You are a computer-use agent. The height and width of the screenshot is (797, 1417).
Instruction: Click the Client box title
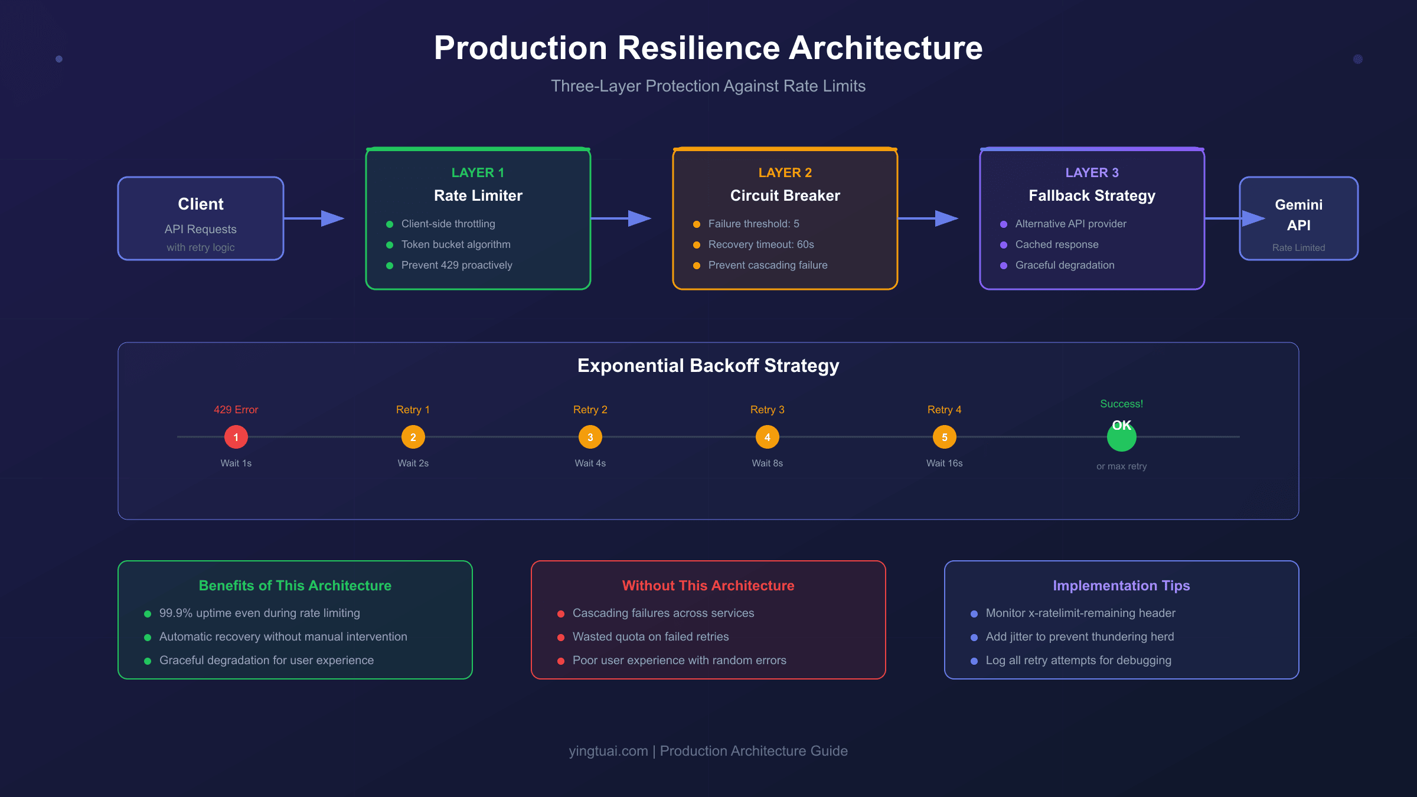point(201,204)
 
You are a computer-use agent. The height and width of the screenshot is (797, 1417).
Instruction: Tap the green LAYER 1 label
point(478,172)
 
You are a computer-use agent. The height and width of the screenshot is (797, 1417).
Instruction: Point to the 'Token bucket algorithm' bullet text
point(456,244)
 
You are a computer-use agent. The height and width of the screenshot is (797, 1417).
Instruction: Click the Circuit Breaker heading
point(785,195)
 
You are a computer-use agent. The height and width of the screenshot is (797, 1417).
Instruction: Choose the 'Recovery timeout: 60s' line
point(761,244)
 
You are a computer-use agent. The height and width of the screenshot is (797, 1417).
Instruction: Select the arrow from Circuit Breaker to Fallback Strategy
point(928,218)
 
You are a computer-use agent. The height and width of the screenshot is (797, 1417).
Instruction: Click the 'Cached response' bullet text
point(1057,244)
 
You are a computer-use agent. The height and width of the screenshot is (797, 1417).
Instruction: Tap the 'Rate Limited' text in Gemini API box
point(1298,248)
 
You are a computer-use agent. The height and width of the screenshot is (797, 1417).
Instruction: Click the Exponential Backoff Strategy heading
point(708,365)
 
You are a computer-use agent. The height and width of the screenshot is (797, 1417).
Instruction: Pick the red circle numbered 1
point(236,437)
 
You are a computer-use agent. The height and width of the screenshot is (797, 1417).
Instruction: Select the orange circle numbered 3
point(590,437)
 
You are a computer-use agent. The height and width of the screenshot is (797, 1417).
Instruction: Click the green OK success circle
point(1121,437)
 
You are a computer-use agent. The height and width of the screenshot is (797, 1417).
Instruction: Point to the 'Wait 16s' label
point(944,463)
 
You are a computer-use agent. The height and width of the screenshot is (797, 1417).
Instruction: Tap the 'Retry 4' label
point(944,410)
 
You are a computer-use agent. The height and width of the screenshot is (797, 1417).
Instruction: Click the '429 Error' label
point(236,410)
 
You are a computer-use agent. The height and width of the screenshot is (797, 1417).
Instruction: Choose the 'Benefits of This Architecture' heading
point(295,586)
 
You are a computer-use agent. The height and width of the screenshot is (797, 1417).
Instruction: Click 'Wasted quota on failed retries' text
point(651,636)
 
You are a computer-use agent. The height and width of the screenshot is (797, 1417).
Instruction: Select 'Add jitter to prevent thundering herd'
point(1079,636)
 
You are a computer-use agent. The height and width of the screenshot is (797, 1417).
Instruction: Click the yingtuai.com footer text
point(608,751)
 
